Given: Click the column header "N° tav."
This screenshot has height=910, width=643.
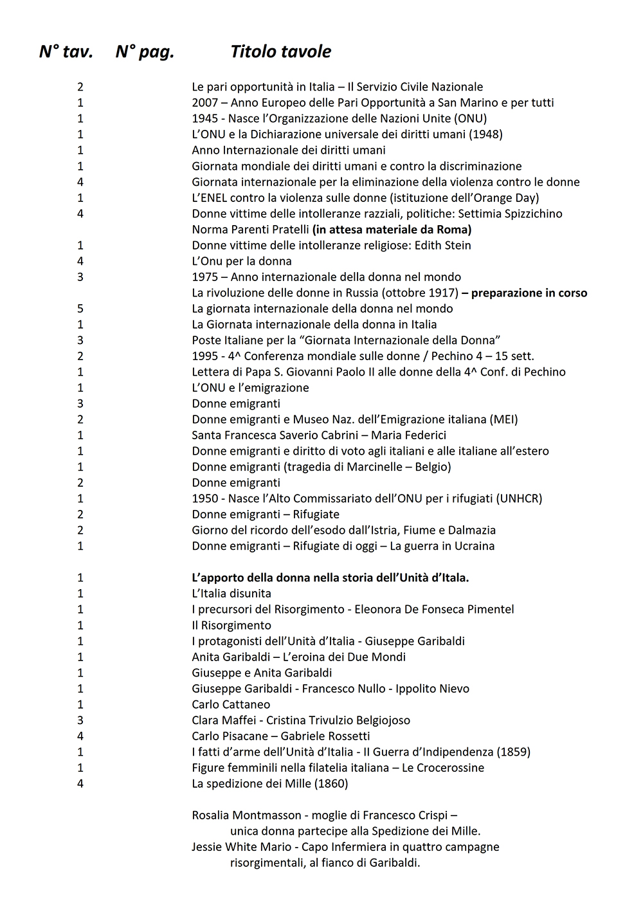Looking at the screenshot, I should point(66,51).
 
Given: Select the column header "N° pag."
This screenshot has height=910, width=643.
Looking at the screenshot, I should point(145,51).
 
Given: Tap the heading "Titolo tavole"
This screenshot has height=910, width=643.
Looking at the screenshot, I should point(280,51).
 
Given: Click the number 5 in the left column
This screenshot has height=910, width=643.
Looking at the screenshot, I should point(80,309).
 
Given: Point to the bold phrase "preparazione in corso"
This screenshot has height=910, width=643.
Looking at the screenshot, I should point(529,293).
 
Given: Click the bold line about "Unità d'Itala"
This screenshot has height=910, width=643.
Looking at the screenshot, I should point(330,578).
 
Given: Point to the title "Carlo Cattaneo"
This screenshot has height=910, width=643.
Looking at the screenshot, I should point(231,704).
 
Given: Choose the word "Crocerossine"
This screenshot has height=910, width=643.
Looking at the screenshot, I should point(443,768).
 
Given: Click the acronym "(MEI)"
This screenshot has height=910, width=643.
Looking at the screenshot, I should point(503,419).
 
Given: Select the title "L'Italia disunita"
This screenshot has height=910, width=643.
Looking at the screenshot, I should point(231,594).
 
